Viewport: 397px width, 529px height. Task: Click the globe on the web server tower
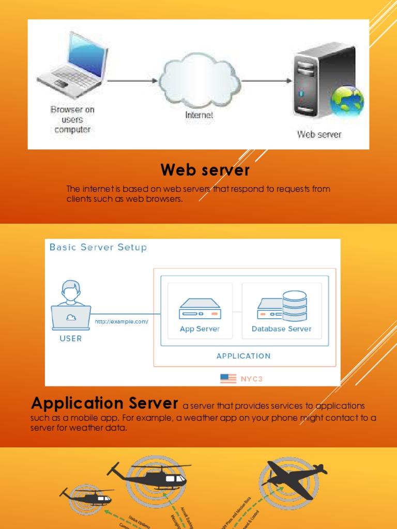(347, 101)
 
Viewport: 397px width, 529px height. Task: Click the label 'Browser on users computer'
(72, 119)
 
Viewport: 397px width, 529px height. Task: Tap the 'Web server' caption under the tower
(319, 134)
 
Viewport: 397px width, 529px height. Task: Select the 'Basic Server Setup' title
(98, 247)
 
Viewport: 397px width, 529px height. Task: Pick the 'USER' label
(71, 339)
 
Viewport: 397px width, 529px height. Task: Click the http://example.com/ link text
(121, 321)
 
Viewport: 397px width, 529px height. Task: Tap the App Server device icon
(200, 308)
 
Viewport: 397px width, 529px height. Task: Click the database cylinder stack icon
(295, 306)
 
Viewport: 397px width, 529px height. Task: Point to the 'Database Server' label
(281, 329)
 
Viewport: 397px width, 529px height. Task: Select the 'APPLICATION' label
(243, 356)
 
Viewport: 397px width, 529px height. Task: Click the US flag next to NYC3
(228, 378)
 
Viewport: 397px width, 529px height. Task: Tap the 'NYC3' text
(252, 379)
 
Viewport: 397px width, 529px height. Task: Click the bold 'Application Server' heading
(105, 403)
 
